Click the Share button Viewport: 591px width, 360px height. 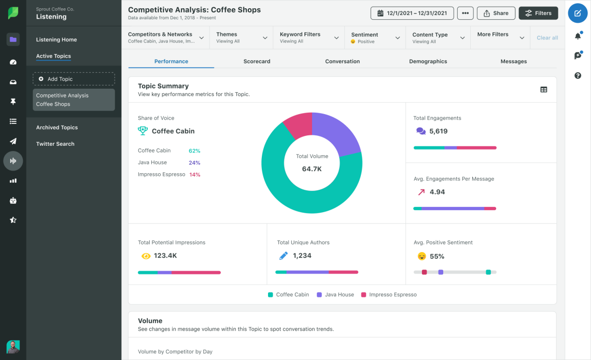coord(496,13)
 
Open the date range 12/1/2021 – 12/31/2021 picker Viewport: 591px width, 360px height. coord(412,13)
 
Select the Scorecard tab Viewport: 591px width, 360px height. coord(257,61)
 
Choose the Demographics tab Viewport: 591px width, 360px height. coord(428,61)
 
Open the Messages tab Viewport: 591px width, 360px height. coord(513,61)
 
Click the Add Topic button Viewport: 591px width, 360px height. coord(74,79)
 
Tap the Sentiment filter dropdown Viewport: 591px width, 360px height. coord(375,38)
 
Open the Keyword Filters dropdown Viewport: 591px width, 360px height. coord(308,38)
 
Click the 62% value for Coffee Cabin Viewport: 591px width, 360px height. coord(194,150)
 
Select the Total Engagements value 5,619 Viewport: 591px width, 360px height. coord(438,131)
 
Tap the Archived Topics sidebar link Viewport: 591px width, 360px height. coord(57,128)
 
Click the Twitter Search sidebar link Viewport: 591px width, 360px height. coord(55,144)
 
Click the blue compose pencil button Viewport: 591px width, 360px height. coord(578,13)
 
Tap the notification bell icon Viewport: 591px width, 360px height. coord(578,36)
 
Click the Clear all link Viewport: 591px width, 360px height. coord(547,38)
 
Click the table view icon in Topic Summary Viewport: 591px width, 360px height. coord(543,90)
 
